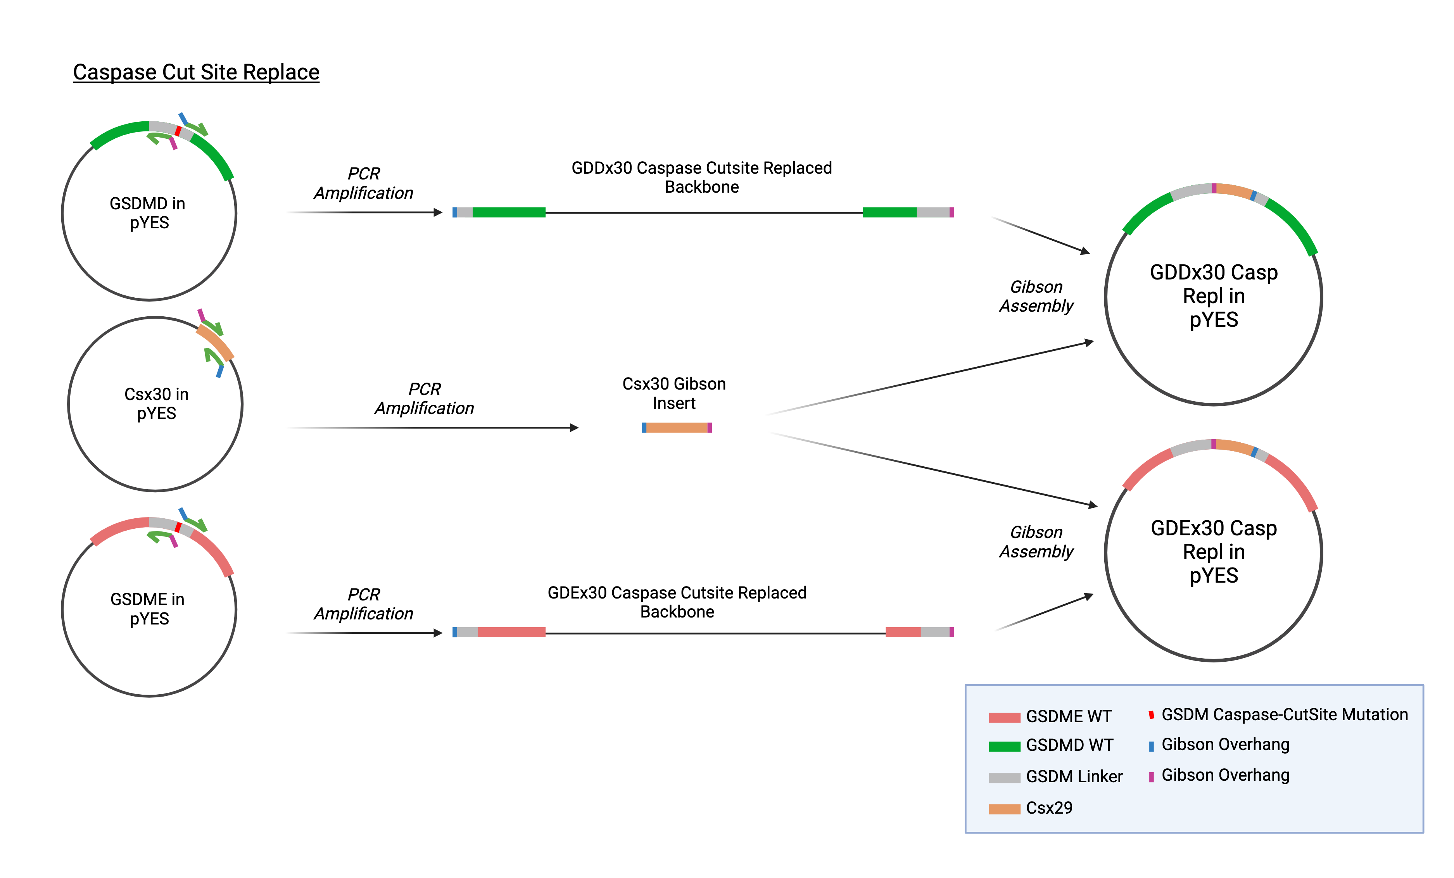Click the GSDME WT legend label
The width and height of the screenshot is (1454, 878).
1068,716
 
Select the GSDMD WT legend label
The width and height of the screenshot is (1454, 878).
1069,745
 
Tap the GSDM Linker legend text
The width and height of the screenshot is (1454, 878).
1074,776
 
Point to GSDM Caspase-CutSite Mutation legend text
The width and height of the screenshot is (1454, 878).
1284,714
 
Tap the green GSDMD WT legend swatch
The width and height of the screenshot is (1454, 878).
1004,747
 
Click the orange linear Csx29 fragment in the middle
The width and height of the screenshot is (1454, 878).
677,428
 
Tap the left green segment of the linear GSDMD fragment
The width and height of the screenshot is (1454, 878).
509,212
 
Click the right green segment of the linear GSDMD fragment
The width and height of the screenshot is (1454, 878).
889,212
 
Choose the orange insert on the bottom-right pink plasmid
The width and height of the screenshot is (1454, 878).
1234,447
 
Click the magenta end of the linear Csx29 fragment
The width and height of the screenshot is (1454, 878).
710,428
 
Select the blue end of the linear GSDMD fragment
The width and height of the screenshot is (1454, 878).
454,212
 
